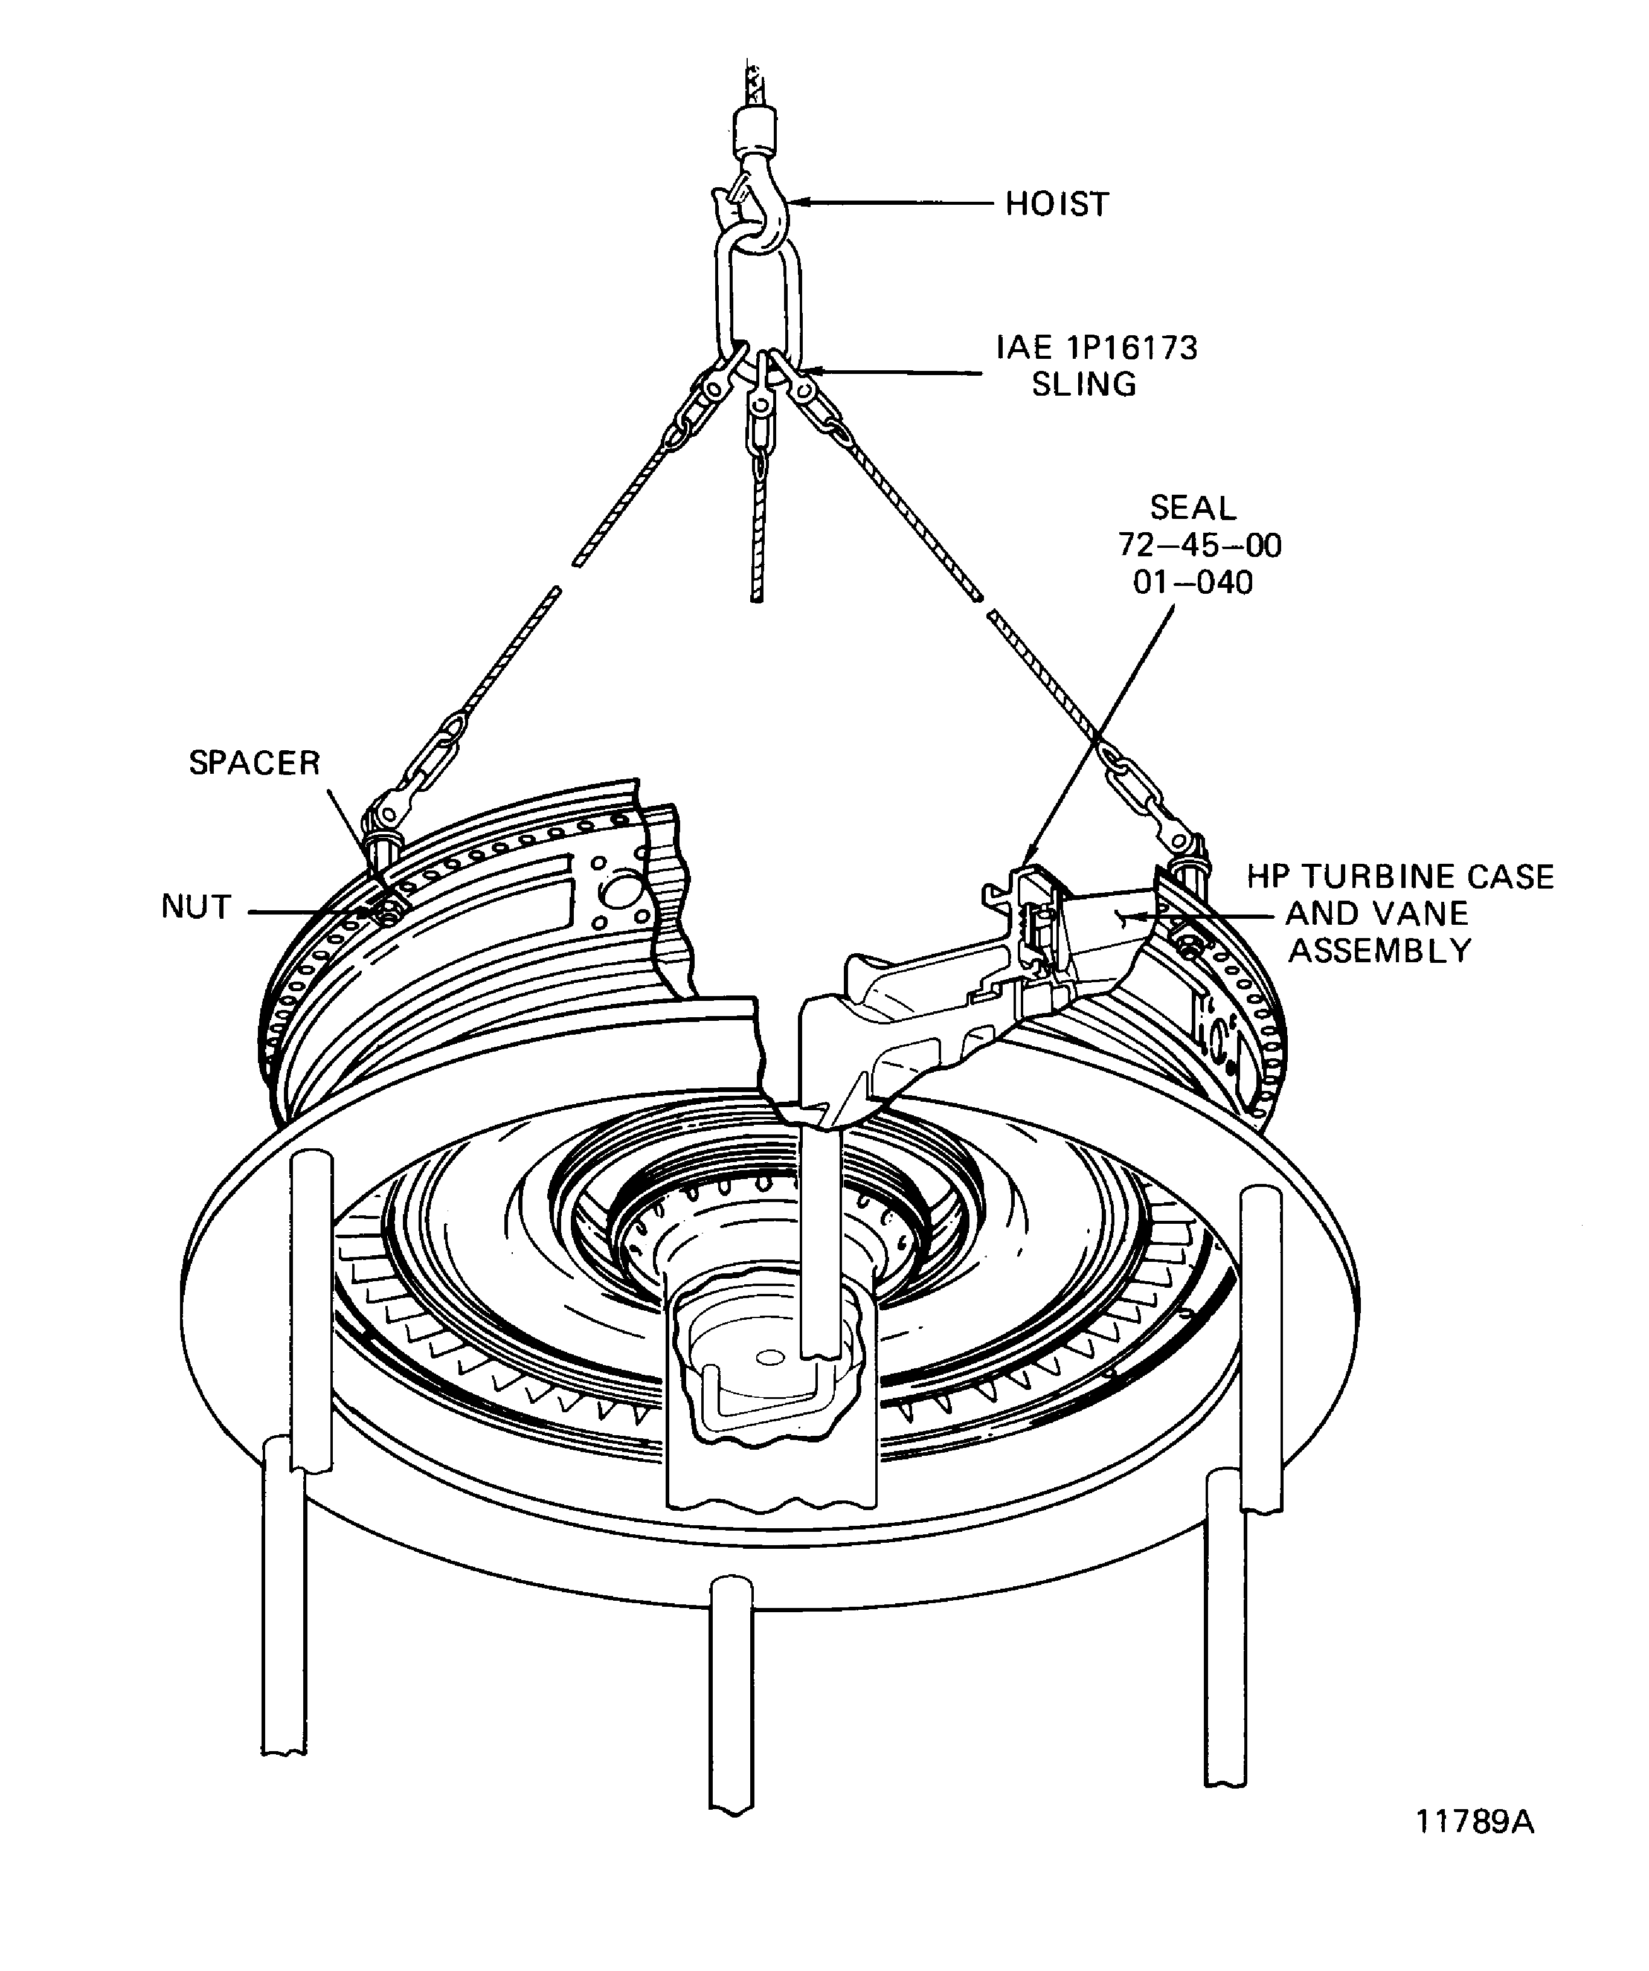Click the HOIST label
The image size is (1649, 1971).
click(1057, 204)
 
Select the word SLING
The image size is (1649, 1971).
click(1084, 384)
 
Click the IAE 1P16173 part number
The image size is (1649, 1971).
click(1097, 347)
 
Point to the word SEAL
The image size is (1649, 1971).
click(1193, 508)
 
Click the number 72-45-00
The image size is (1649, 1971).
click(1200, 545)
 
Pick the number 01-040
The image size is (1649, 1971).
click(1193, 583)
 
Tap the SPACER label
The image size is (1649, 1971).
click(254, 763)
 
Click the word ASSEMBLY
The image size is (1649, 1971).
click(1380, 951)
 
